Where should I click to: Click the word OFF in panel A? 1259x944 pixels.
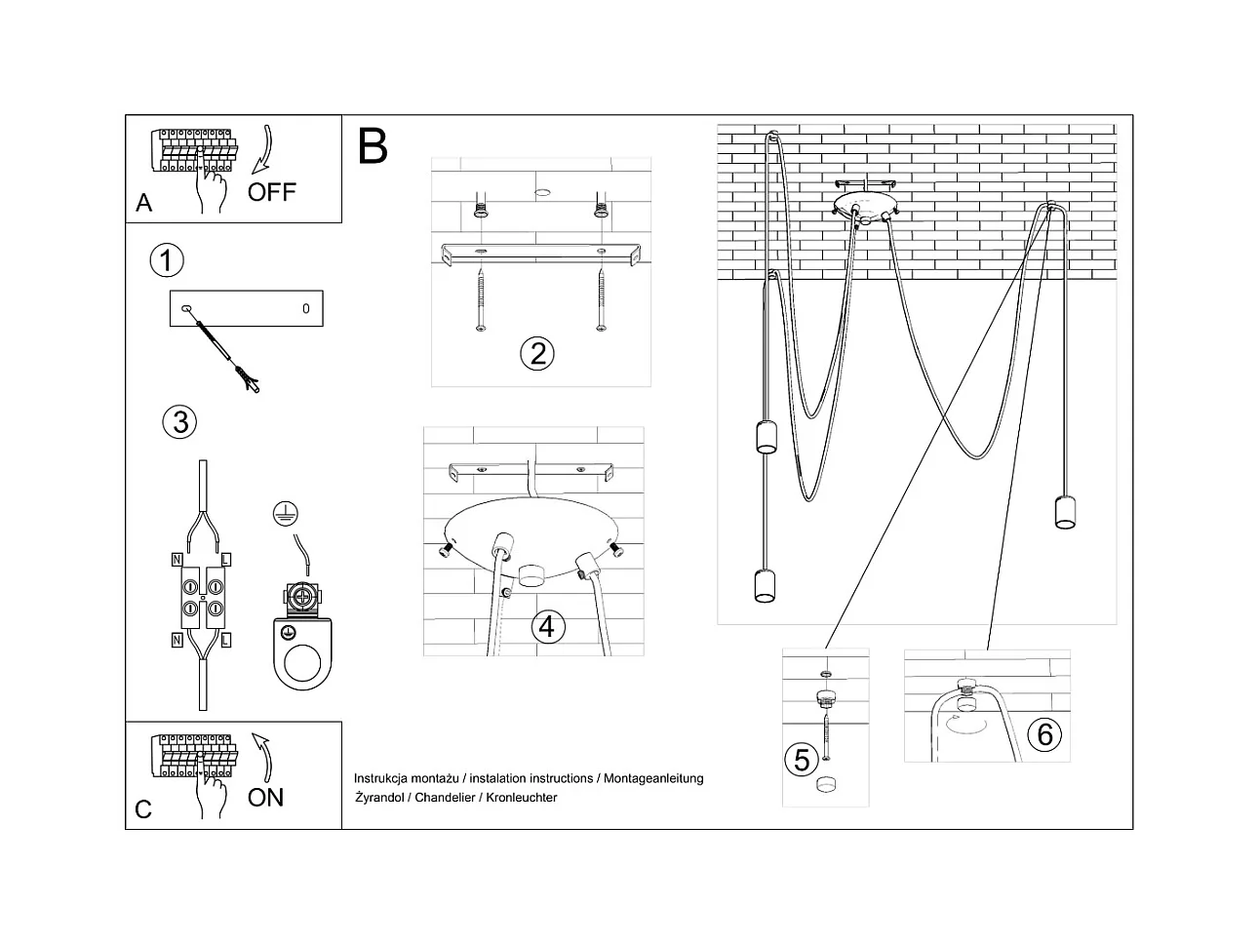pyautogui.click(x=271, y=192)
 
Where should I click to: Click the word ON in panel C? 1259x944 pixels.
pyautogui.click(x=265, y=798)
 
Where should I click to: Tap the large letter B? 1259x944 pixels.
pyautogui.click(x=373, y=146)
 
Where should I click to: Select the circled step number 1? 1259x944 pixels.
pyautogui.click(x=167, y=260)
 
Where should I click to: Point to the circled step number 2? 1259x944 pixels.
pyautogui.click(x=537, y=353)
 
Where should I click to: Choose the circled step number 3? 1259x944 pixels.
pyautogui.click(x=179, y=422)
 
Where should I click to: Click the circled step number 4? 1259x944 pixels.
pyautogui.click(x=547, y=625)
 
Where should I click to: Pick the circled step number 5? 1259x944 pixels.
pyautogui.click(x=803, y=760)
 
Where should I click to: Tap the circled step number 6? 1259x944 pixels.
pyautogui.click(x=1044, y=733)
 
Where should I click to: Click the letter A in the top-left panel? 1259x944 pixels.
pyautogui.click(x=144, y=203)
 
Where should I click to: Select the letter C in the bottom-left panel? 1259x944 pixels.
pyautogui.click(x=143, y=809)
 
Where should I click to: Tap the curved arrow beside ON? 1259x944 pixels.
pyautogui.click(x=263, y=757)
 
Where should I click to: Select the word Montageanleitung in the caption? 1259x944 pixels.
pyautogui.click(x=653, y=778)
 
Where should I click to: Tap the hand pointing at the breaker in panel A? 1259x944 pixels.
pyautogui.click(x=211, y=185)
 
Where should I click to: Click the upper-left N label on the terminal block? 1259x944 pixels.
pyautogui.click(x=177, y=559)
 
